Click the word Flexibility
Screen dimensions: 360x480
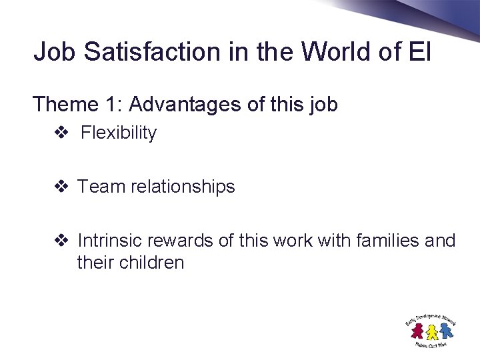119,133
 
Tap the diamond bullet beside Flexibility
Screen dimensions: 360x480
61,133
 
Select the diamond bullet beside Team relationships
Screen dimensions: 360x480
61,187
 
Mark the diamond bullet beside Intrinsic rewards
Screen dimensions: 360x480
61,241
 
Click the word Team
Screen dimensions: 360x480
101,187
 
